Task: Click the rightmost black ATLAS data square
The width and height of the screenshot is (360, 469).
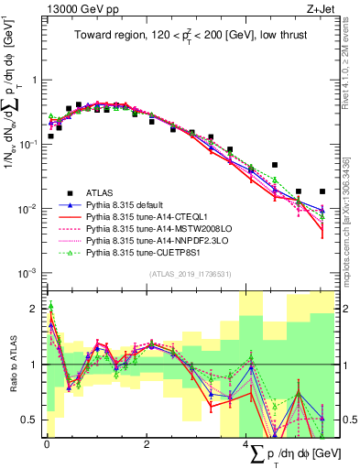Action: coord(322,191)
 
